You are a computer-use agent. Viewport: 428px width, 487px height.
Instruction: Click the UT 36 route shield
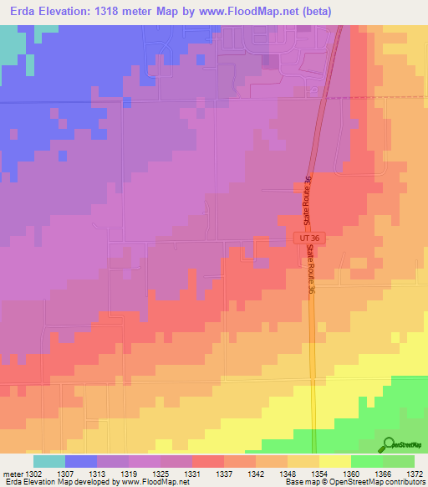[309, 238]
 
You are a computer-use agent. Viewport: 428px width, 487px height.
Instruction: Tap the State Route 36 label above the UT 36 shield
[308, 202]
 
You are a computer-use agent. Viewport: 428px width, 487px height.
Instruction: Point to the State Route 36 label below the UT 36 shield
[311, 269]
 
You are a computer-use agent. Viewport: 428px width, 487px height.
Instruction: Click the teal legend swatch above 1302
[49, 461]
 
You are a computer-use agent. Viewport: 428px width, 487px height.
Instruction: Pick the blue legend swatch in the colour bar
[81, 461]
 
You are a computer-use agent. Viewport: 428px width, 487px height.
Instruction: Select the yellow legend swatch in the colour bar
[335, 461]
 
